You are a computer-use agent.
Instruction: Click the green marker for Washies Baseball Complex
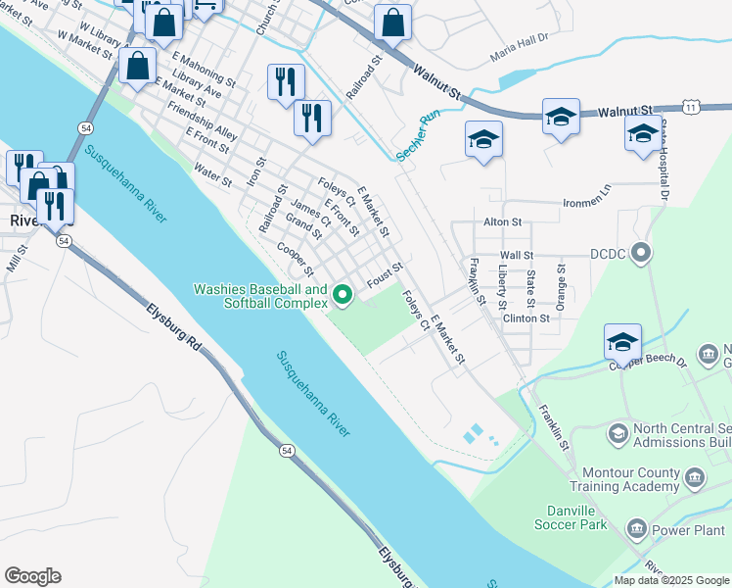[343, 294]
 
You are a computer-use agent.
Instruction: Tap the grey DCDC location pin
[642, 255]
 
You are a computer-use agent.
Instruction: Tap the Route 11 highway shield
[692, 108]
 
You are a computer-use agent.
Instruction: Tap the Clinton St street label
[526, 318]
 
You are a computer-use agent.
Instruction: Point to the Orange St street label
[561, 286]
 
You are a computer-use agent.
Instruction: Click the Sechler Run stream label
[418, 135]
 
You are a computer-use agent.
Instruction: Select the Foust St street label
[385, 275]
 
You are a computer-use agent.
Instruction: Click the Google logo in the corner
[32, 576]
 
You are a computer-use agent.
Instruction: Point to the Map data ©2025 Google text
[671, 580]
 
